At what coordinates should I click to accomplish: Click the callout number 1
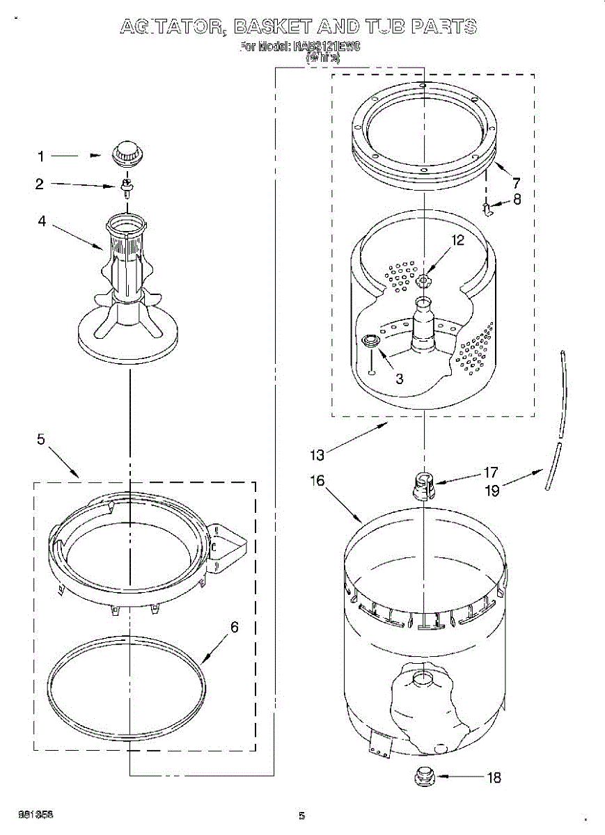(x=40, y=157)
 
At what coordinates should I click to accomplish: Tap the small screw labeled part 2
(x=127, y=186)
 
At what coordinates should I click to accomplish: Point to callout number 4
(x=42, y=222)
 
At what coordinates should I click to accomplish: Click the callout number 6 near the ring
(x=234, y=627)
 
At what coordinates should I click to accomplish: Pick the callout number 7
(x=516, y=184)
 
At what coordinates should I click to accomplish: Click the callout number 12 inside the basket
(x=457, y=240)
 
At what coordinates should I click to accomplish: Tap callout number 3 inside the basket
(x=399, y=379)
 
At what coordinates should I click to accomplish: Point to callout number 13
(x=317, y=455)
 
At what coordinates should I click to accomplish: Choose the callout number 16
(x=317, y=481)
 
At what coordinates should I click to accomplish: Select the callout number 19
(x=492, y=491)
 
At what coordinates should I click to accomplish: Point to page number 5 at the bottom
(x=301, y=815)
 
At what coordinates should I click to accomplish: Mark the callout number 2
(x=40, y=184)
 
